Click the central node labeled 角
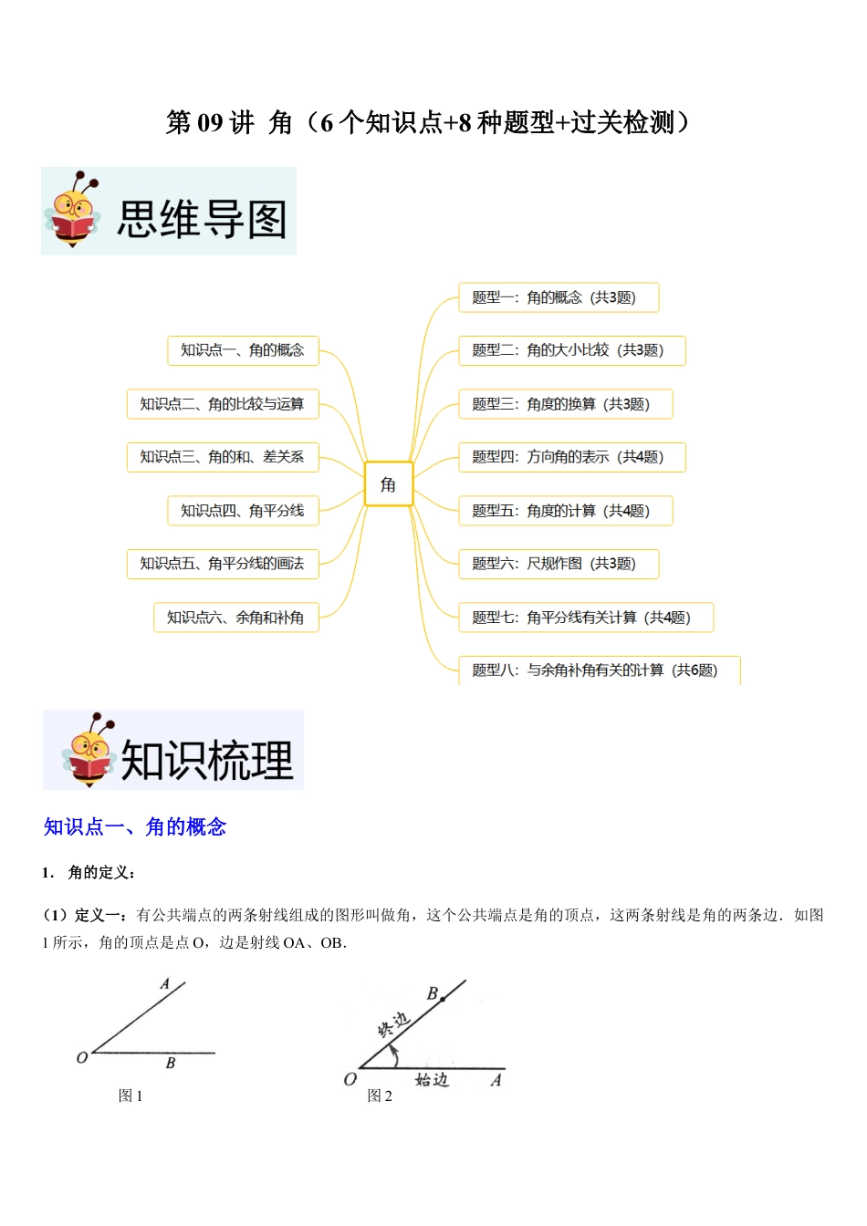point(388,483)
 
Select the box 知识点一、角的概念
point(243,350)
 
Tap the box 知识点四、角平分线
point(243,511)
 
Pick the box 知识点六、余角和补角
point(235,618)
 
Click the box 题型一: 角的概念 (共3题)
point(558,297)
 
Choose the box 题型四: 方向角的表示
point(571,457)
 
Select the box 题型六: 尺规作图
point(558,564)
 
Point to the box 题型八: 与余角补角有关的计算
point(599,670)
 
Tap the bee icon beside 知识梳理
point(89,751)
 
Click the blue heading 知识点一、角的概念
point(135,827)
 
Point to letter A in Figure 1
point(165,984)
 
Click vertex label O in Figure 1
point(82,1058)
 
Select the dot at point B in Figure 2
point(443,1000)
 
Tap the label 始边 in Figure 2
point(432,1080)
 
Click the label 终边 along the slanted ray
point(394,1025)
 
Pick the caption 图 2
point(380,1096)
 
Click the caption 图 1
point(131,1096)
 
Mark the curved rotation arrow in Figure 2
point(393,1055)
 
